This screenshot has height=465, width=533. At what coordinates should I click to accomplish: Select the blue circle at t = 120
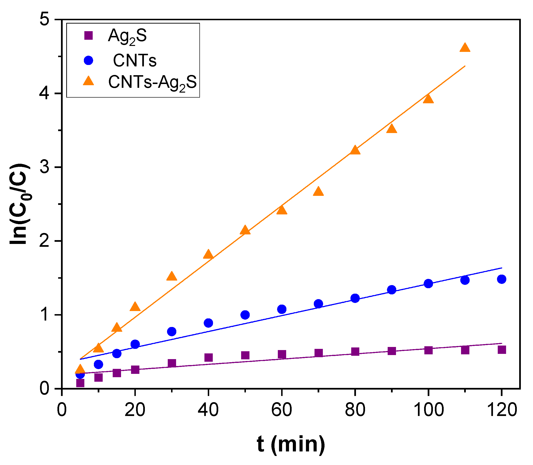click(501, 279)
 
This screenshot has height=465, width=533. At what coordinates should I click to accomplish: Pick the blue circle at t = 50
click(245, 315)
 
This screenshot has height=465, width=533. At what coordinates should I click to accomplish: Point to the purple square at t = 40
click(208, 358)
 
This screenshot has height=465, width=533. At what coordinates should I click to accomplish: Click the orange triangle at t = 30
click(172, 277)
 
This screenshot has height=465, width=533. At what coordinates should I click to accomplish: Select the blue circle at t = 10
click(98, 365)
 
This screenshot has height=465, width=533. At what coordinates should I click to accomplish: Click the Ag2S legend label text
click(127, 36)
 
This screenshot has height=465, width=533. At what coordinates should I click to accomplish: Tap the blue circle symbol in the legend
click(89, 61)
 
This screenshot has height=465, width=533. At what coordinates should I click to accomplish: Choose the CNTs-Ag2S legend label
click(152, 83)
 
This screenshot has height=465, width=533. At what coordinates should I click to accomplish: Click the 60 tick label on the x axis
click(282, 410)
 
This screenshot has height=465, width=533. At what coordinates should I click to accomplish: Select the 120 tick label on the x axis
click(501, 410)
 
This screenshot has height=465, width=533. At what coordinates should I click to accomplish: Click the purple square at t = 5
click(80, 383)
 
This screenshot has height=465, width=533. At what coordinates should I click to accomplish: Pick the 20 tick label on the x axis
click(135, 410)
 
